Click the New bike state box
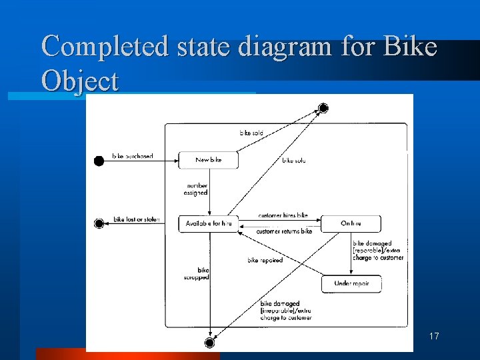(x=208, y=160)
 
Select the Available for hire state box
(x=208, y=223)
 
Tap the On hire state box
(x=351, y=223)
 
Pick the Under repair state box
(x=351, y=284)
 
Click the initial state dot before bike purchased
(x=99, y=161)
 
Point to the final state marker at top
(x=323, y=108)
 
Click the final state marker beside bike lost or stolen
(x=99, y=223)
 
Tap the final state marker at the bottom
(x=209, y=343)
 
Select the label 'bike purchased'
(x=133, y=156)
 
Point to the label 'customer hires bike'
(x=283, y=216)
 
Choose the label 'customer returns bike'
(x=284, y=231)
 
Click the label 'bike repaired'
(x=265, y=260)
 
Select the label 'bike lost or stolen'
(x=137, y=219)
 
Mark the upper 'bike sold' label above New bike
(x=251, y=133)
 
